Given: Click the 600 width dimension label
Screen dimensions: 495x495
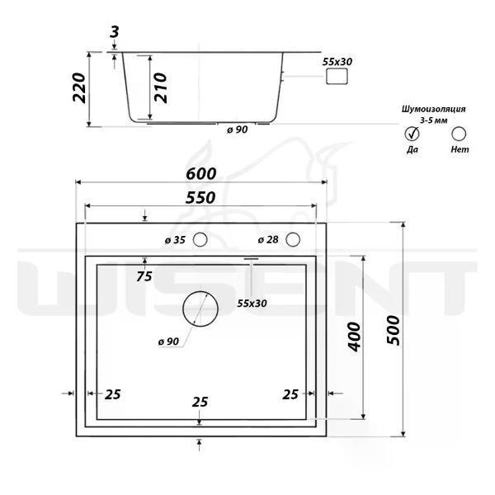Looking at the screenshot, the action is point(201,174).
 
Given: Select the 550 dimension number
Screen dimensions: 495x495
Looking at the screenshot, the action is point(200,198).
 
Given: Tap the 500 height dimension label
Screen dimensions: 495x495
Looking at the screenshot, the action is point(394,330).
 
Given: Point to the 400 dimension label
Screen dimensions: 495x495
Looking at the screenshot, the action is point(354,337).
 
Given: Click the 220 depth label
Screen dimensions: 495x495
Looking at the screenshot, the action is point(79,87).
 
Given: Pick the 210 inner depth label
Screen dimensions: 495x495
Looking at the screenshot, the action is point(160,87).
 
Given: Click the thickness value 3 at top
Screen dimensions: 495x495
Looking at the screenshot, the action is point(115,32).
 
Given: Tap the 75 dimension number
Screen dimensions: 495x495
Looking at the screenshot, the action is point(144,276).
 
